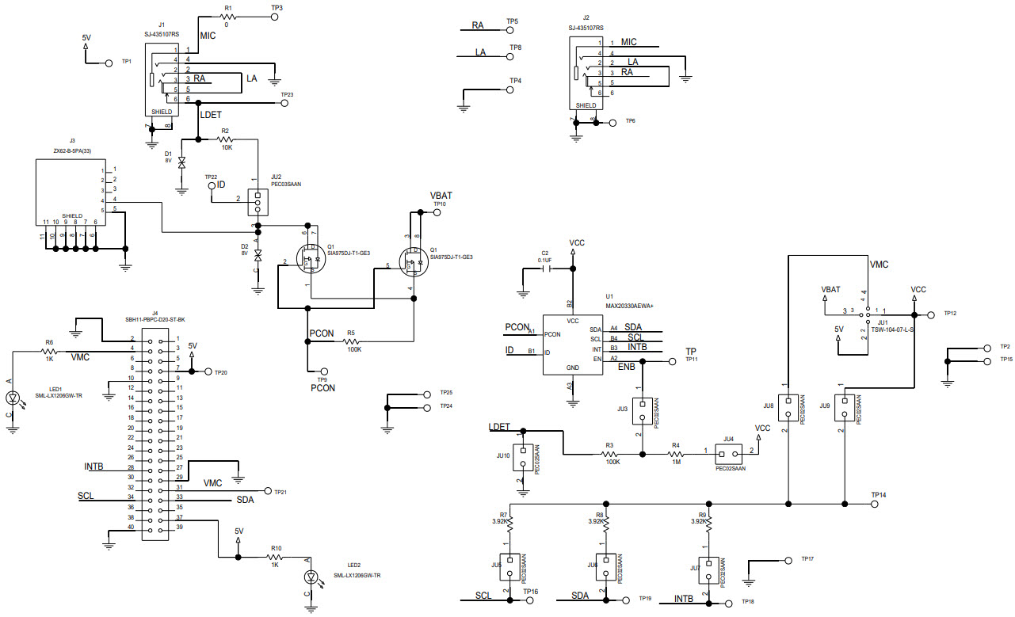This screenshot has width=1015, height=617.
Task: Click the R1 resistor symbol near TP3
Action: click(229, 16)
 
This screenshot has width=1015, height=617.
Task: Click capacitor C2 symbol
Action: click(545, 268)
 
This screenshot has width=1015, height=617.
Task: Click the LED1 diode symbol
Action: click(12, 398)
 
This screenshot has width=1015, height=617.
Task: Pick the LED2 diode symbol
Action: click(311, 577)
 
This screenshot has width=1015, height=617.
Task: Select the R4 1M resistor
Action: click(675, 454)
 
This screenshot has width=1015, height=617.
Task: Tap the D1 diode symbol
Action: click(181, 162)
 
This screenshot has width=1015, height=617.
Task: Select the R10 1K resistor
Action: click(276, 558)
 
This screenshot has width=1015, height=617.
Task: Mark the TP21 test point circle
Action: click(267, 491)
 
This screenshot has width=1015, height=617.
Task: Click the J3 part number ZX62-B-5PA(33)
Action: click(73, 150)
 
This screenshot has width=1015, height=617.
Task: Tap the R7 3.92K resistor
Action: click(510, 524)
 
